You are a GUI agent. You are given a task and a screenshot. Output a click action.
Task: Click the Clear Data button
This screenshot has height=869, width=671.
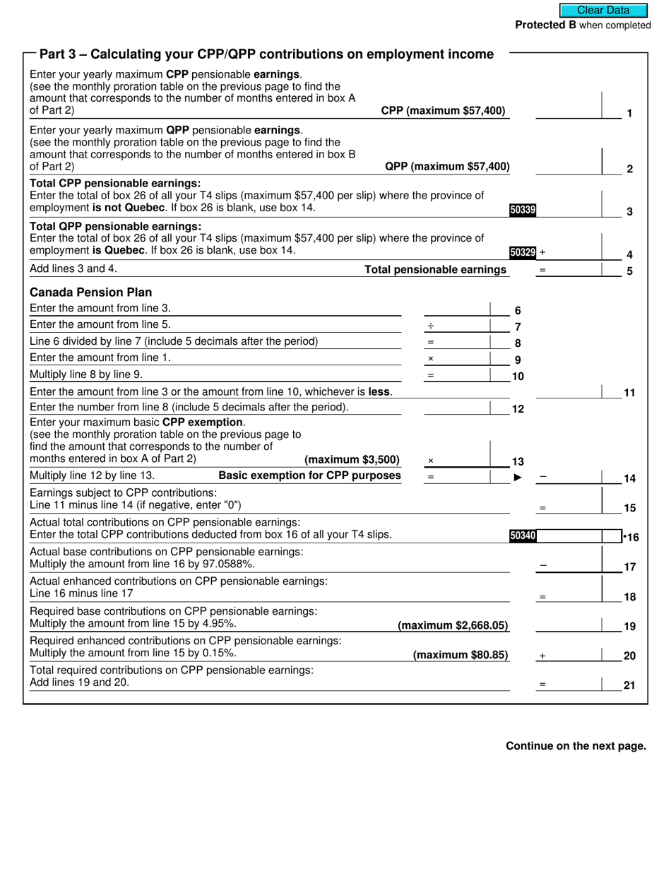pyautogui.click(x=603, y=10)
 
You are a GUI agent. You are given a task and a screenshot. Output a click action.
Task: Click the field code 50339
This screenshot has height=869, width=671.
pyautogui.click(x=522, y=209)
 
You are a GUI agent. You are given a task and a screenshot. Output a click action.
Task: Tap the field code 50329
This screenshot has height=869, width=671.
pyautogui.click(x=523, y=252)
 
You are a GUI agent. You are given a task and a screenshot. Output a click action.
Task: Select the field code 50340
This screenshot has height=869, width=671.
pyautogui.click(x=523, y=536)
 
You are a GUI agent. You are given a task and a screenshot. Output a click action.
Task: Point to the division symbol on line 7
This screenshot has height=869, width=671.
pyautogui.click(x=430, y=326)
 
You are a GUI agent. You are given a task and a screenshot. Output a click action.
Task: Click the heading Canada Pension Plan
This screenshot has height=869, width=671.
pyautogui.click(x=90, y=292)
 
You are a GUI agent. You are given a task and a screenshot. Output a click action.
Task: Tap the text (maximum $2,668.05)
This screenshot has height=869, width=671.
pyautogui.click(x=453, y=625)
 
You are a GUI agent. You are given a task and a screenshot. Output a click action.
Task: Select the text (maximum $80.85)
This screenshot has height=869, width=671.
pyautogui.click(x=461, y=655)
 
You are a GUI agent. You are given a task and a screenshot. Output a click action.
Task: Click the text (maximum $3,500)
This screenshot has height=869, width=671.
pyautogui.click(x=352, y=460)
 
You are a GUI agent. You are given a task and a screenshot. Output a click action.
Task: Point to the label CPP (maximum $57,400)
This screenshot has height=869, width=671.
pyautogui.click(x=443, y=111)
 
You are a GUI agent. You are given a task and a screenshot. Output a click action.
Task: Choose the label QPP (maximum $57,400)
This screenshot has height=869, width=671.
pyautogui.click(x=446, y=167)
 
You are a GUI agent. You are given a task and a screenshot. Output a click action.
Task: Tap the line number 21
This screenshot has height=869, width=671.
pyautogui.click(x=629, y=685)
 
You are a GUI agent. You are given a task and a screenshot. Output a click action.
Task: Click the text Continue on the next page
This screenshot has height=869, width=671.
pyautogui.click(x=576, y=746)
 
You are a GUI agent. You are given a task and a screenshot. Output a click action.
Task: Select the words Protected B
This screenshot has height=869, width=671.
pyautogui.click(x=545, y=25)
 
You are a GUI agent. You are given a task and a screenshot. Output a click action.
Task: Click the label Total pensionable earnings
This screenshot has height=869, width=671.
pyautogui.click(x=435, y=270)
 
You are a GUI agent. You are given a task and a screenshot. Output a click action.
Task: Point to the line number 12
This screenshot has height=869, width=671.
pyautogui.click(x=518, y=409)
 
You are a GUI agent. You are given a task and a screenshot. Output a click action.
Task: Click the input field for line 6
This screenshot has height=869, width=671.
pyautogui.click(x=456, y=309)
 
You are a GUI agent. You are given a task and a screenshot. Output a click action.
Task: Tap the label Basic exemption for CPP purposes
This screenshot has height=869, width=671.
pyautogui.click(x=309, y=475)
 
